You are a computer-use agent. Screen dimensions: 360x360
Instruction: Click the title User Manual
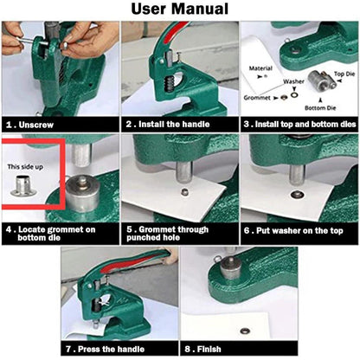(x=180, y=9)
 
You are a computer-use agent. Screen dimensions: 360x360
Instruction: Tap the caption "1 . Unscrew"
(x=30, y=125)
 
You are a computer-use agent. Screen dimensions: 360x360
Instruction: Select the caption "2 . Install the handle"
(x=168, y=125)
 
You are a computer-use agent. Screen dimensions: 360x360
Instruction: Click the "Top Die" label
(x=344, y=74)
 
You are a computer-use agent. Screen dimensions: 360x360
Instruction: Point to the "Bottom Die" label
(x=320, y=108)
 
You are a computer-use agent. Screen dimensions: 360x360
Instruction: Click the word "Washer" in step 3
(x=293, y=81)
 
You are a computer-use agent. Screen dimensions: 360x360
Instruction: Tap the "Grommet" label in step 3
(x=257, y=98)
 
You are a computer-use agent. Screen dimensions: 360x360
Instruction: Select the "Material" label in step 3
(x=260, y=68)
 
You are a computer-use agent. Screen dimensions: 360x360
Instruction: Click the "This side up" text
(x=25, y=167)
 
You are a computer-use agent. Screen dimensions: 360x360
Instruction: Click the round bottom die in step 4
(x=83, y=194)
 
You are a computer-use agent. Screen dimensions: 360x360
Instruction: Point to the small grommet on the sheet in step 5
(x=183, y=191)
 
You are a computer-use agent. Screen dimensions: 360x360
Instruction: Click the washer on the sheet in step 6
(x=296, y=195)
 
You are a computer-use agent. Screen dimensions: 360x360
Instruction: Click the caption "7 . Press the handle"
(x=106, y=350)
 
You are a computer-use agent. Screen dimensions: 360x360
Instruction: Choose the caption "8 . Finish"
(x=203, y=350)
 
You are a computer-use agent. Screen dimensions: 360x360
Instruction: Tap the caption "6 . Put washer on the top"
(x=293, y=231)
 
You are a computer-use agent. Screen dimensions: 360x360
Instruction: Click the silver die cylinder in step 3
(x=318, y=80)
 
